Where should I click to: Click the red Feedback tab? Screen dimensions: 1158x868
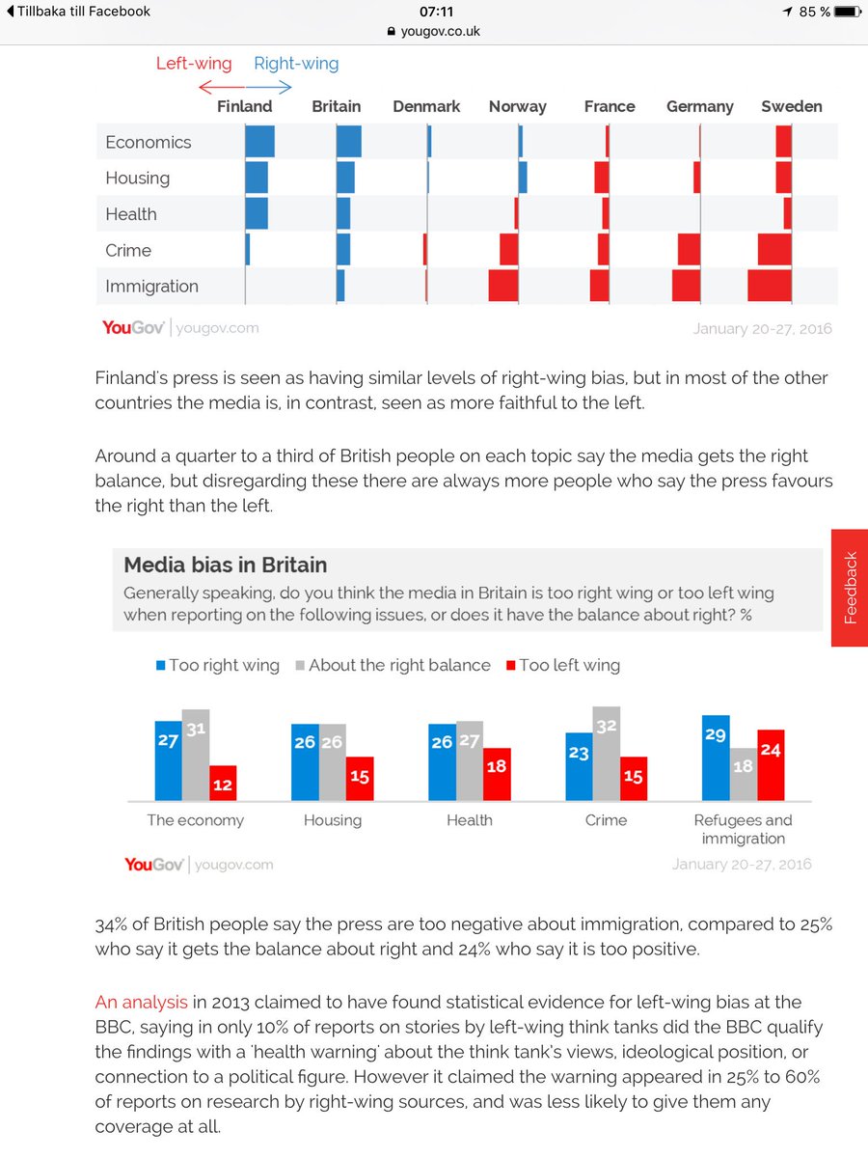(x=849, y=588)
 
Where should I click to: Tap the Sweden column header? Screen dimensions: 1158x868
(x=791, y=106)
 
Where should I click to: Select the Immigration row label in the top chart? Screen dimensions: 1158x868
(x=151, y=286)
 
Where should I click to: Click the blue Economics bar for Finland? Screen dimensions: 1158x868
(x=259, y=142)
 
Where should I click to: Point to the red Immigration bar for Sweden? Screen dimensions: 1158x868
(x=769, y=286)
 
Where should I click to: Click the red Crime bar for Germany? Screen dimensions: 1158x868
(x=689, y=250)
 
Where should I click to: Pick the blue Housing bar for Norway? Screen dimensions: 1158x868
(x=523, y=178)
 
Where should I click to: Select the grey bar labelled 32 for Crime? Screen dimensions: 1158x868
(x=607, y=753)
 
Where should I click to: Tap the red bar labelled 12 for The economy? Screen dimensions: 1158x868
(x=223, y=783)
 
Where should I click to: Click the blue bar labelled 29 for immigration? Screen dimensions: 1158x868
(x=716, y=758)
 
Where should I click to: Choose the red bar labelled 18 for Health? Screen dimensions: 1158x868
(x=497, y=774)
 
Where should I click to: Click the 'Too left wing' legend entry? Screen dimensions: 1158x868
(x=562, y=665)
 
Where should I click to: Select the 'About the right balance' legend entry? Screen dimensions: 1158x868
(x=393, y=665)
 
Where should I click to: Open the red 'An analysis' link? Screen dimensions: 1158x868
(x=141, y=1003)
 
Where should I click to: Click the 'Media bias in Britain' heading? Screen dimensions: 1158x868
(x=226, y=565)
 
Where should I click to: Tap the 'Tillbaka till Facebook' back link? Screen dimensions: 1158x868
(x=78, y=12)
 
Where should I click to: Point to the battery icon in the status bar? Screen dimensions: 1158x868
(x=845, y=12)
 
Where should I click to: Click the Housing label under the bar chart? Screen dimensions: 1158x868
(x=333, y=820)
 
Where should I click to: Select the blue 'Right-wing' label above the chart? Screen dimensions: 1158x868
(x=296, y=64)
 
